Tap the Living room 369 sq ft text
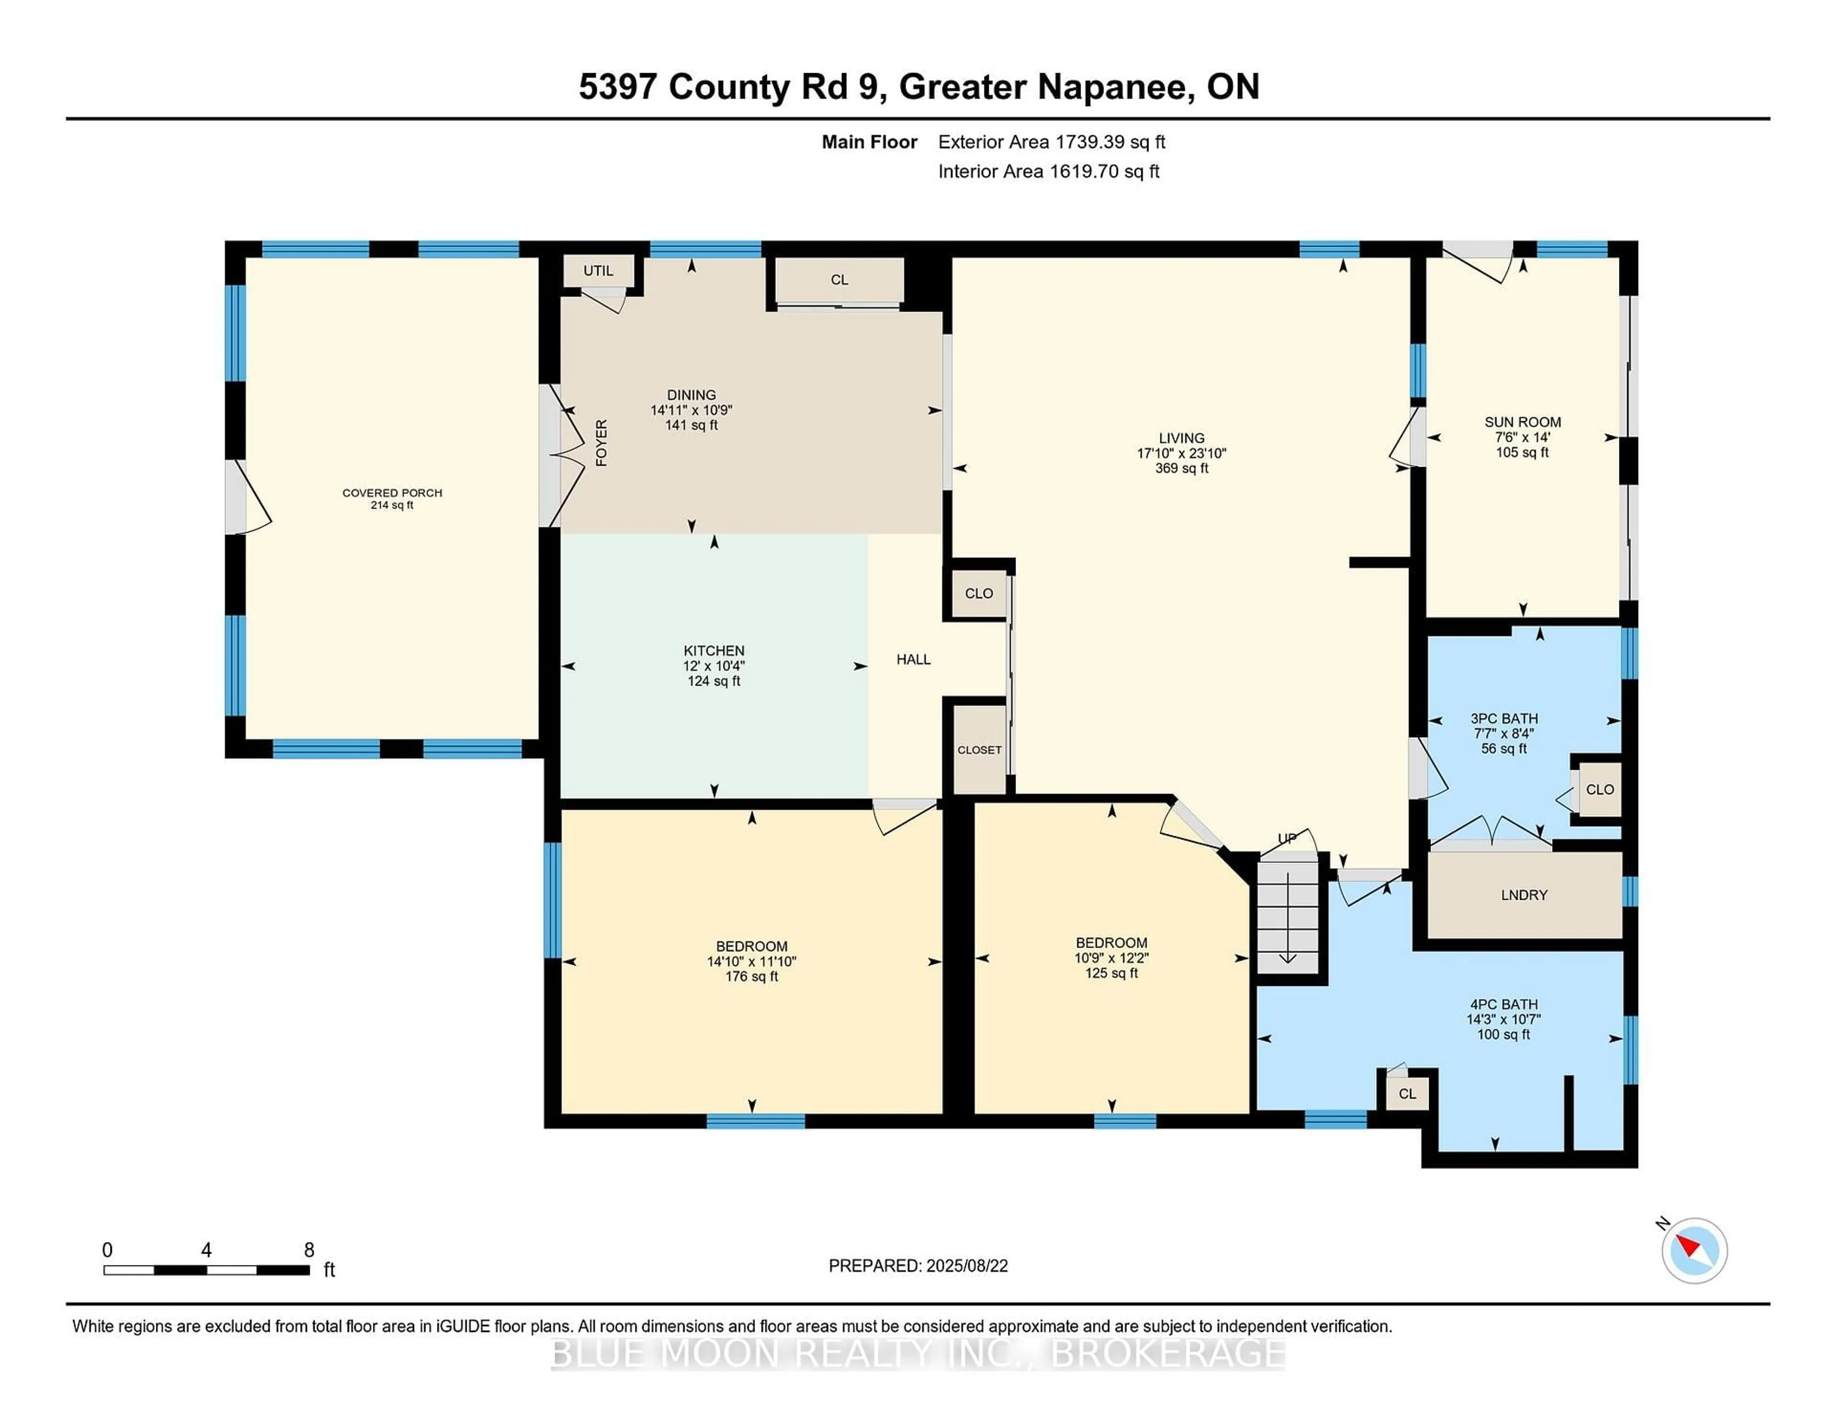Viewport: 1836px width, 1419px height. pos(1181,468)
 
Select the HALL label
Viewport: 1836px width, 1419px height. pos(913,660)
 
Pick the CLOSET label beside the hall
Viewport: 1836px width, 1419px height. pos(979,750)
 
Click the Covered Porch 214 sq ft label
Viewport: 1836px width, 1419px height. pos(392,499)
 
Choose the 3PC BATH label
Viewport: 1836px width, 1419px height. pos(1504,719)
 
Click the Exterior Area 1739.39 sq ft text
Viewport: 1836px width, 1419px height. pos(1052,142)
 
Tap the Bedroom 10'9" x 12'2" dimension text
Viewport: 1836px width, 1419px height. pos(1111,958)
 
